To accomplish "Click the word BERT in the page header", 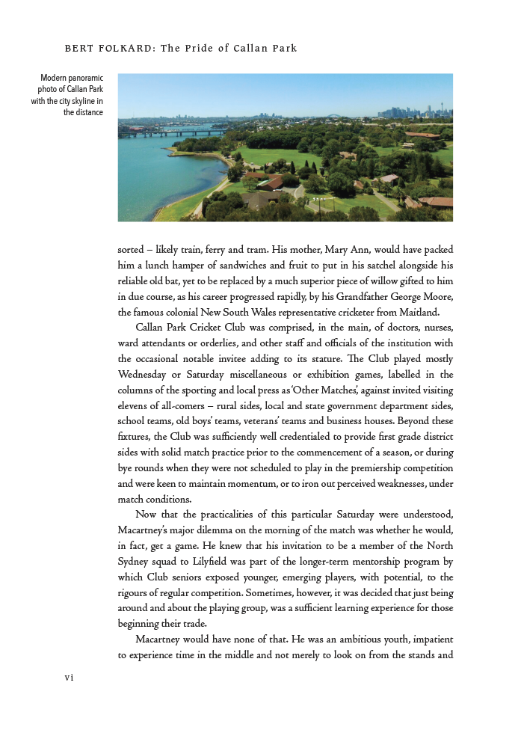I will [78, 49].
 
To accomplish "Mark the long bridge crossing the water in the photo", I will [173, 132].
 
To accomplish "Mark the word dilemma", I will [223, 530].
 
